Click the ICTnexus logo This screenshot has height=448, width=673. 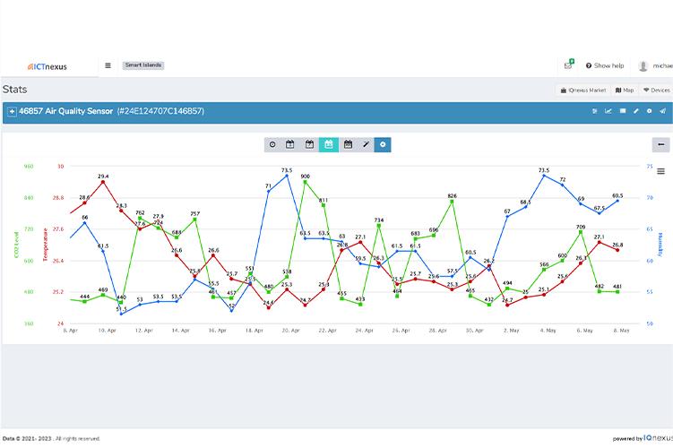47,65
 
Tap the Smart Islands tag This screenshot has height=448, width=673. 142,65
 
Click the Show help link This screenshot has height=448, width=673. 605,65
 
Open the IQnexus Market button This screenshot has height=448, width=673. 582,90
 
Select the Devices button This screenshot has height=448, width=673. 657,90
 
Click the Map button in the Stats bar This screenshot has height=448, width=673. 625,90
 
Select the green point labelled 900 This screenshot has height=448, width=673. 306,182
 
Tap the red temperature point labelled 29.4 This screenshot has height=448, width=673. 104,182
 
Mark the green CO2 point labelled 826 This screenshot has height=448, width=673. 453,201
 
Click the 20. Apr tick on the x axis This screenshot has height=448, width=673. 290,331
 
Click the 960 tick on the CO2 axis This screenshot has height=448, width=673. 29,167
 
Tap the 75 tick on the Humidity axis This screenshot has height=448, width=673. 648,167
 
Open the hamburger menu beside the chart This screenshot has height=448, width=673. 660,171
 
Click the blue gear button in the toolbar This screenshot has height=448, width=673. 383,144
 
